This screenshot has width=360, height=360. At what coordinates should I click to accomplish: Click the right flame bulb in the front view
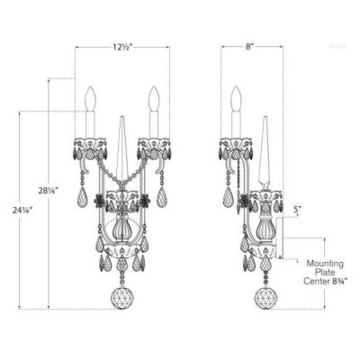tap(154, 98)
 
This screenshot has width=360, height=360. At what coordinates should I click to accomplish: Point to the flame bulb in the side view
tap(237, 98)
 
